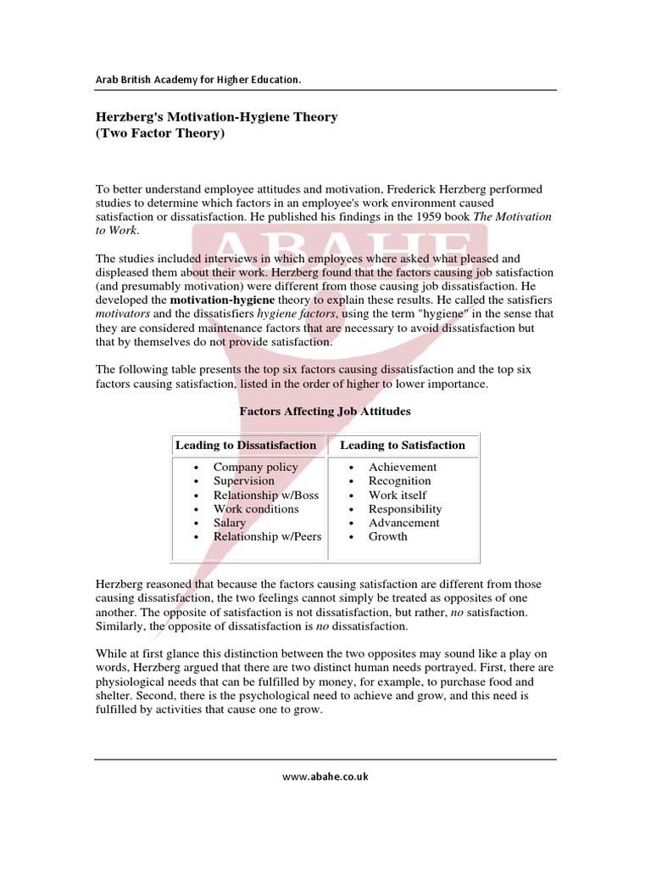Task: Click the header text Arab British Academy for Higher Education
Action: pyautogui.click(x=198, y=80)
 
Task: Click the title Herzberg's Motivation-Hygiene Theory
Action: pyautogui.click(x=216, y=117)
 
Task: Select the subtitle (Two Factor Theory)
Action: pyautogui.click(x=160, y=133)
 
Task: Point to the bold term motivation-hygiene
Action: pyautogui.click(x=223, y=300)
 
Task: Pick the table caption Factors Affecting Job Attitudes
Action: pyautogui.click(x=325, y=411)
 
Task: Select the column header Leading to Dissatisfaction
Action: pyautogui.click(x=246, y=445)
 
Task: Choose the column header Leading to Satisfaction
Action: pyautogui.click(x=403, y=445)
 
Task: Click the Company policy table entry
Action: pyautogui.click(x=255, y=467)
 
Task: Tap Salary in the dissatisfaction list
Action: pyautogui.click(x=230, y=523)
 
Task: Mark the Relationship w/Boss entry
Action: pyautogui.click(x=266, y=495)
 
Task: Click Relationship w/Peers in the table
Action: pyautogui.click(x=267, y=536)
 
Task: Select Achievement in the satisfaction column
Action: pyautogui.click(x=403, y=467)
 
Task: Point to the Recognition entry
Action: pyautogui.click(x=399, y=480)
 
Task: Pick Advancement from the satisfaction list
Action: pyautogui.click(x=403, y=523)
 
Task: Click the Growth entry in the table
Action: pyautogui.click(x=387, y=536)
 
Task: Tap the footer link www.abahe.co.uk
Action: pyautogui.click(x=325, y=776)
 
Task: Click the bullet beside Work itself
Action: pyautogui.click(x=351, y=496)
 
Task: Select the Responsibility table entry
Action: pyautogui.click(x=405, y=508)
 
